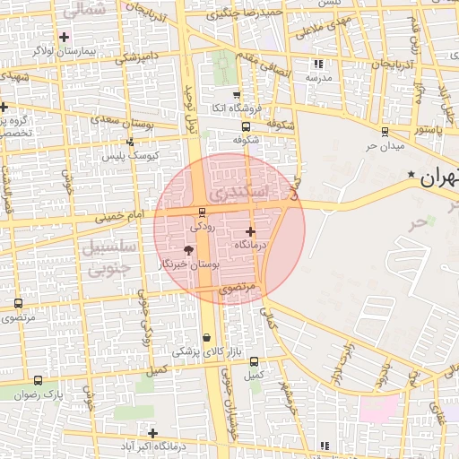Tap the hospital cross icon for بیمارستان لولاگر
(64, 37)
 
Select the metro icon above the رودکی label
(201, 212)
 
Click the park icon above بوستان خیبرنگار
(188, 250)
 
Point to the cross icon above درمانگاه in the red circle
(250, 232)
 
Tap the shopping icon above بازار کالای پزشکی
(208, 338)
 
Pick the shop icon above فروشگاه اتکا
(236, 95)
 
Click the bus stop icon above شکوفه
(247, 126)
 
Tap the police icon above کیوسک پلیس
(130, 142)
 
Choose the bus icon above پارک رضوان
(38, 380)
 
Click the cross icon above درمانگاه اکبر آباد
(153, 433)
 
